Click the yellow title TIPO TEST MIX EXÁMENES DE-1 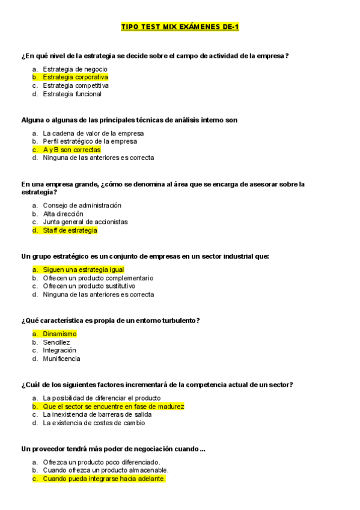180,27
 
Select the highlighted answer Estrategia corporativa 75,77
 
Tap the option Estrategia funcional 72,94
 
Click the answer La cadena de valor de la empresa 93,133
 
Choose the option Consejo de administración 82,205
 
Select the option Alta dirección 63,214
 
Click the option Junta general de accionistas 85,222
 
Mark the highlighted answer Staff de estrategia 70,230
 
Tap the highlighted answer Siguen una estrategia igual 83,269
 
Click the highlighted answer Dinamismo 59,334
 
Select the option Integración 59,350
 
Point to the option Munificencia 61,358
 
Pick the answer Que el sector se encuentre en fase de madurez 113,406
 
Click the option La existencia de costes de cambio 93,423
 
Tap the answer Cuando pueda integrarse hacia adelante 103,479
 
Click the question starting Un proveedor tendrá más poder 113,449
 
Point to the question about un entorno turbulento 110,320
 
